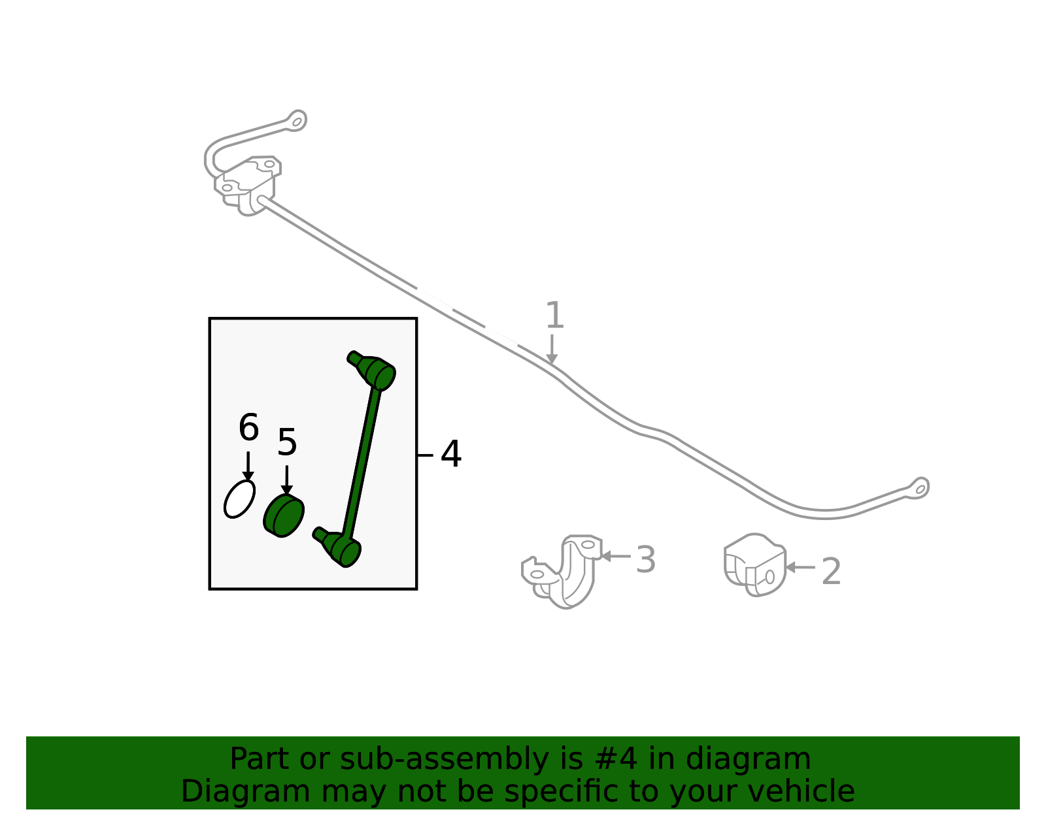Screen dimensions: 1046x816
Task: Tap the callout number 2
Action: [832, 571]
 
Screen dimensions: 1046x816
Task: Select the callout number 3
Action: [645, 559]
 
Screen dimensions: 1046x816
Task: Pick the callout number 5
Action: [287, 442]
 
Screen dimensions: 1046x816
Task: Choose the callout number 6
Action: [249, 427]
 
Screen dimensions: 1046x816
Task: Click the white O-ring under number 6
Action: [239, 499]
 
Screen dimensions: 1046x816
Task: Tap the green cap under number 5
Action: [284, 516]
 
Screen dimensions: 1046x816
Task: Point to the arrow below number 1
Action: [552, 350]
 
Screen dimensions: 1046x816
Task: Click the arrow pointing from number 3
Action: [616, 557]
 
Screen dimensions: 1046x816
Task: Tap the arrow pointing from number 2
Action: [800, 567]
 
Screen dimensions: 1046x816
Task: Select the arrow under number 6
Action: [248, 466]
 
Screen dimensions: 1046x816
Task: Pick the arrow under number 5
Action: [287, 480]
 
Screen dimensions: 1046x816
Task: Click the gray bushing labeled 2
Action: [755, 564]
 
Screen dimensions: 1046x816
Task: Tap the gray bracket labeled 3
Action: [562, 571]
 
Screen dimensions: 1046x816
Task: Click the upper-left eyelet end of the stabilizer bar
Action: [297, 121]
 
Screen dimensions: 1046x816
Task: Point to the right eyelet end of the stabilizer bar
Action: [920, 489]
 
